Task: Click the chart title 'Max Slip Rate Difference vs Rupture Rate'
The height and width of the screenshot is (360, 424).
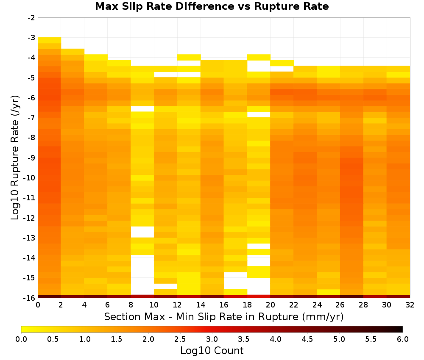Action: (212, 6)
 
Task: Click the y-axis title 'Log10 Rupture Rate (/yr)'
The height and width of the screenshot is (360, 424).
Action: (15, 158)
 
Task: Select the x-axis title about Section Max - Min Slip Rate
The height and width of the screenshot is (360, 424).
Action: (223, 316)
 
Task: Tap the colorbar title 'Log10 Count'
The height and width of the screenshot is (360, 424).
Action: (212, 351)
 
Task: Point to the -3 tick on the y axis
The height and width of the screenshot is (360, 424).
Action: (31, 38)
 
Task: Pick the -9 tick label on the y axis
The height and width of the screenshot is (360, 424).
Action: (31, 158)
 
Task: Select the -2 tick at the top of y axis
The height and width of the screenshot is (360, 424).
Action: (31, 18)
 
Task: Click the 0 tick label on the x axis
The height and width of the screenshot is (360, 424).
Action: (38, 305)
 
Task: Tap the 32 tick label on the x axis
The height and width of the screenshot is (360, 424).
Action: (410, 305)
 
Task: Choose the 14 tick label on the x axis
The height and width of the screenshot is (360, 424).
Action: (201, 305)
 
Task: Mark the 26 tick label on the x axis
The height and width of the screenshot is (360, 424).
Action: (340, 305)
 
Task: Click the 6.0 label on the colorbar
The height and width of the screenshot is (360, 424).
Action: (403, 339)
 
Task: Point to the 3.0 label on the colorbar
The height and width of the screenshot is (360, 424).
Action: (212, 339)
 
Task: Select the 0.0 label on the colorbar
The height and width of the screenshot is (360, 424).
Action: (21, 339)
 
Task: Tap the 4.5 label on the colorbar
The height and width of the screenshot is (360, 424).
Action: (307, 339)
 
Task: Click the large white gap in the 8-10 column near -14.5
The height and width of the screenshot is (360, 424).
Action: (142, 274)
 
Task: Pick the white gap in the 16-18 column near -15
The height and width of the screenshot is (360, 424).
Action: (235, 280)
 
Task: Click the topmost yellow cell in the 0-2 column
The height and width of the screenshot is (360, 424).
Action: (50, 40)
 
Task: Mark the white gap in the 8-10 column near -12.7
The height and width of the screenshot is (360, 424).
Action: (142, 232)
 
